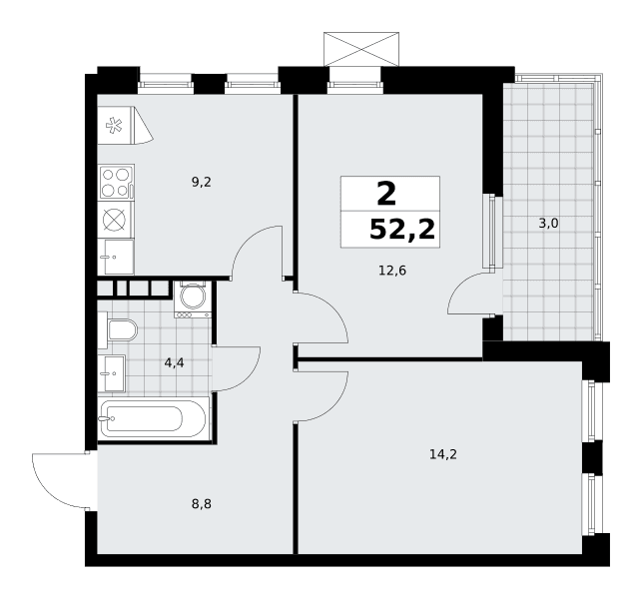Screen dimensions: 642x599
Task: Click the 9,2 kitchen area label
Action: point(202,183)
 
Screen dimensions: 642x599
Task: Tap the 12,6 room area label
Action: point(392,271)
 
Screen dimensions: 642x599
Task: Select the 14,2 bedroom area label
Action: point(443,454)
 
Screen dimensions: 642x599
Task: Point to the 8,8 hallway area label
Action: point(202,503)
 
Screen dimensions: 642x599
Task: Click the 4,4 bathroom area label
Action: point(174,362)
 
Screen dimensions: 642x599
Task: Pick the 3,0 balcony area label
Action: point(549,224)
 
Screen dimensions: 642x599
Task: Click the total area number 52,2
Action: point(401,230)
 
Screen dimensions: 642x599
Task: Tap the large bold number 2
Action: point(386,194)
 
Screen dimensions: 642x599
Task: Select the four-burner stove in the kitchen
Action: point(116,183)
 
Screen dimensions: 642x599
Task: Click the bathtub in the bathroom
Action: point(154,418)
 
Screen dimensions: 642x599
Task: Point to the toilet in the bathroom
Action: point(119,330)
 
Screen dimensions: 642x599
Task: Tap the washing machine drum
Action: point(193,297)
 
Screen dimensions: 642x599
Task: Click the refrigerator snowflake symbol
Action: point(114,125)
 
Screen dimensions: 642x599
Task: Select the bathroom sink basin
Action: point(112,373)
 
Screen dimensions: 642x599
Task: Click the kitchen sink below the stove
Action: point(116,258)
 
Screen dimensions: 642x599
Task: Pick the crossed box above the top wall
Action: point(361,49)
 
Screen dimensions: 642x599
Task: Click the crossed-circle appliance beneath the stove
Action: point(114,220)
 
